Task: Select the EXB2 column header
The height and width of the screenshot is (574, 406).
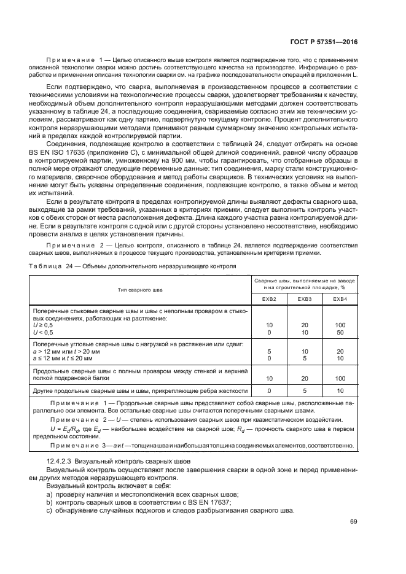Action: (x=269, y=298)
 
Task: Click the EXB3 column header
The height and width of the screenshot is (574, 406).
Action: (x=305, y=298)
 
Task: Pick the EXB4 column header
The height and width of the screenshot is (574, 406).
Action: (x=340, y=298)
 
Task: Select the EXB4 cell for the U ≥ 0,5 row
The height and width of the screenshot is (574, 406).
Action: (x=340, y=325)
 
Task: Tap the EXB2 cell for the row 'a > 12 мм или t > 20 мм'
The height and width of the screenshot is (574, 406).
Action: (x=269, y=352)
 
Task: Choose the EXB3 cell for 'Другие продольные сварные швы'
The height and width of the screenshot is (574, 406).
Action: (x=305, y=390)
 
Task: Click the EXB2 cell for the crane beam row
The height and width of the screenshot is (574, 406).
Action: (x=269, y=379)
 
